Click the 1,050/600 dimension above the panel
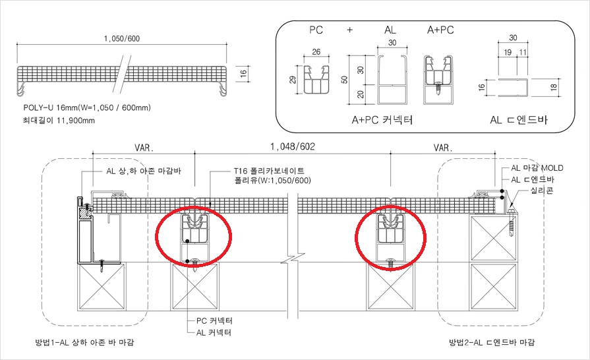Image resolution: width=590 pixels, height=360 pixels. click(x=121, y=39)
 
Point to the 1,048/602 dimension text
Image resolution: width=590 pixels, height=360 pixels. click(x=293, y=146)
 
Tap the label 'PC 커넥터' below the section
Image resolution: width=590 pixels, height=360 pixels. click(x=214, y=321)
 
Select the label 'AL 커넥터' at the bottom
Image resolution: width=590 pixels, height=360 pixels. click(x=214, y=332)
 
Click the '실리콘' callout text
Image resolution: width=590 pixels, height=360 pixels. click(x=542, y=191)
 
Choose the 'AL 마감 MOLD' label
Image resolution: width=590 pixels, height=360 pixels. click(x=537, y=168)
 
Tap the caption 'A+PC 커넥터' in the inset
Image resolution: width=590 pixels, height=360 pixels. click(x=382, y=120)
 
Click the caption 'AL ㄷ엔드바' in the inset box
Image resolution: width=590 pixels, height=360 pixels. click(x=519, y=120)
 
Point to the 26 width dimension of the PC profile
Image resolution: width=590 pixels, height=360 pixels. click(x=316, y=52)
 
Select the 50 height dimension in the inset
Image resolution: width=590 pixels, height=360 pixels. click(x=344, y=80)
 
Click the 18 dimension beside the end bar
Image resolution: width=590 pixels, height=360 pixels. click(x=554, y=87)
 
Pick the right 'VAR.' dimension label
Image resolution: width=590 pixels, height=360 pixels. click(x=443, y=148)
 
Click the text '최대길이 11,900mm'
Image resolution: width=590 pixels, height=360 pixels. click(x=59, y=121)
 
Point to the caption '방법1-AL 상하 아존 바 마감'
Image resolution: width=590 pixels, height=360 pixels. click(x=84, y=342)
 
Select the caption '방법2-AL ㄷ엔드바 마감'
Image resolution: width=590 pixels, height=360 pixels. click(x=492, y=342)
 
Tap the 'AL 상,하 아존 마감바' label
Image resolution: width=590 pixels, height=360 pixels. click(x=144, y=171)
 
